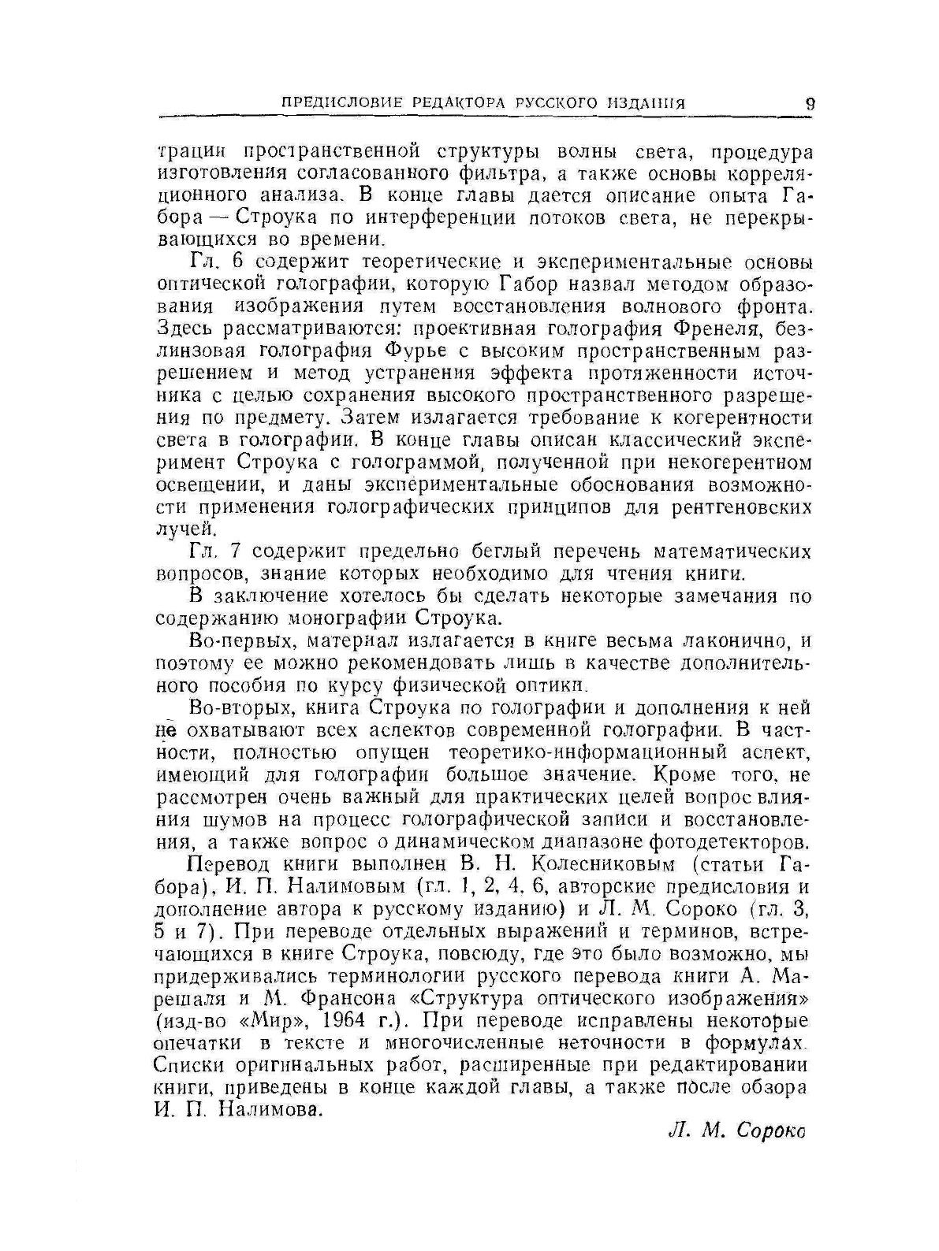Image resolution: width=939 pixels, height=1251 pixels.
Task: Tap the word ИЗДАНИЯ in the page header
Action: click(x=646, y=103)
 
